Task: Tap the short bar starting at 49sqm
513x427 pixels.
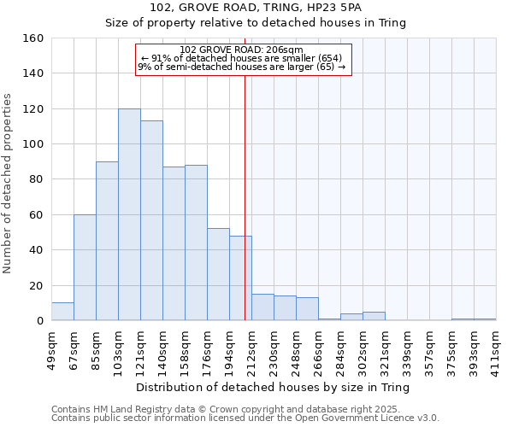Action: [x=62, y=312]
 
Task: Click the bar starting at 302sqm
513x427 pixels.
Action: [x=374, y=316]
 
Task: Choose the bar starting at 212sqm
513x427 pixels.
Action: [x=262, y=307]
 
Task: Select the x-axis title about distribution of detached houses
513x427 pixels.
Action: [x=273, y=388]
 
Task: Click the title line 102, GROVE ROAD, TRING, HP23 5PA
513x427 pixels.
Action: [x=256, y=8]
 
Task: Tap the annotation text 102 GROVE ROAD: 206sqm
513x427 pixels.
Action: [x=243, y=50]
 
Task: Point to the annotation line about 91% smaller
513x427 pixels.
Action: [x=242, y=58]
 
